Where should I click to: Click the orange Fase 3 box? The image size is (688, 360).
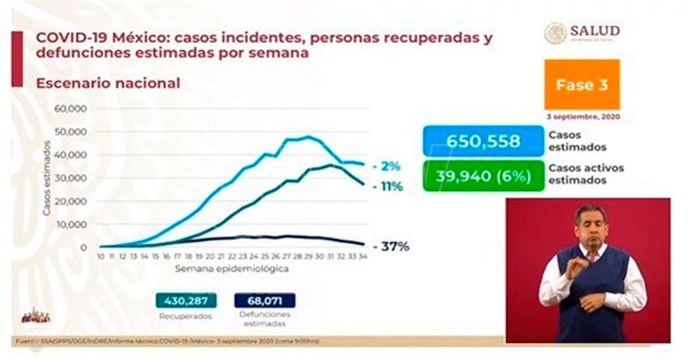point(582,85)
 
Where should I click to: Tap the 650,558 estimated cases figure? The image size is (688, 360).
point(483,141)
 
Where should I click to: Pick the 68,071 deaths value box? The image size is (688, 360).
point(264,301)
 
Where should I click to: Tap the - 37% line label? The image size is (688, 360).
point(393,247)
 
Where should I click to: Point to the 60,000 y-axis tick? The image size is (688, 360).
point(71,108)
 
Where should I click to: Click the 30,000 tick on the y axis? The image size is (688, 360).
point(71,178)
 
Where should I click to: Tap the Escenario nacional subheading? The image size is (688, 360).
point(103,83)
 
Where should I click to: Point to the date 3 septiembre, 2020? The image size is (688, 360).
point(582,116)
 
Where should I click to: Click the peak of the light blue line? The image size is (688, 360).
point(309,136)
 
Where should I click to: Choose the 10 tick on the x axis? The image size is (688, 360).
point(101,256)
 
